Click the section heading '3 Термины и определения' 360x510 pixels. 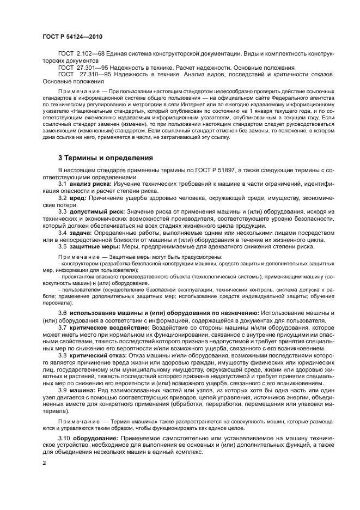pyautogui.click(x=106, y=158)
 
